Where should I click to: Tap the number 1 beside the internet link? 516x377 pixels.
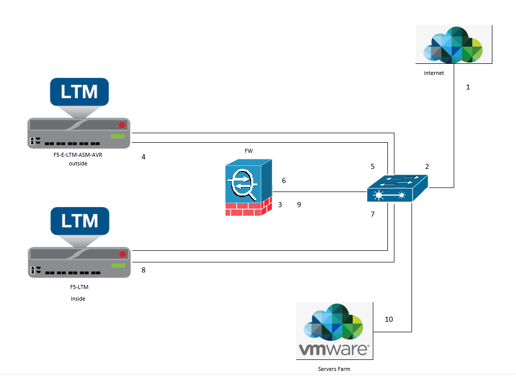[468, 87]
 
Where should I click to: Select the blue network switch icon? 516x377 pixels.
[397, 189]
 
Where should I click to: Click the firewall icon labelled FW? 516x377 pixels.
[248, 187]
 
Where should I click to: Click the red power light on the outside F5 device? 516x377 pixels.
[122, 125]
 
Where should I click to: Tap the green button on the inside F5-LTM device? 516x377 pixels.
[118, 265]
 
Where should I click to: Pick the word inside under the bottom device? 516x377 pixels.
[78, 299]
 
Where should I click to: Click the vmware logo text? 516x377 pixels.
[334, 349]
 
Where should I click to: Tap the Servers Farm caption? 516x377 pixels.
[334, 369]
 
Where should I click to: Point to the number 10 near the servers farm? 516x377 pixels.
[389, 319]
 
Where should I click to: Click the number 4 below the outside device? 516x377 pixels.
[144, 157]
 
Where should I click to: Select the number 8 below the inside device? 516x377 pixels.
[144, 270]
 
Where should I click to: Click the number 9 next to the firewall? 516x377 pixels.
[299, 205]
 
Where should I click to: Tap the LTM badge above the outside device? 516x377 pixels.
[79, 92]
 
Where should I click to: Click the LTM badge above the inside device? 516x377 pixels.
[79, 220]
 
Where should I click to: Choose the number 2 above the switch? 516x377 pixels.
[427, 166]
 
